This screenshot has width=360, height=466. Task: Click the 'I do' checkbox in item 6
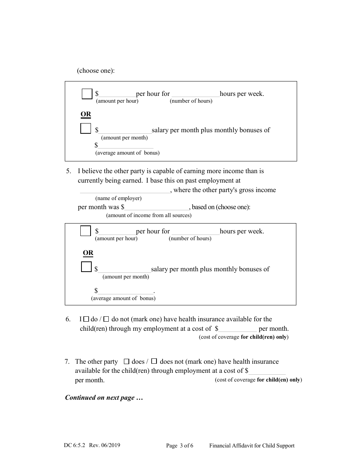(x=86, y=319)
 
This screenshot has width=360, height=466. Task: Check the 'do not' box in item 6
(x=106, y=319)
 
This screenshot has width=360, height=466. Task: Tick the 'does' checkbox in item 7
(x=127, y=362)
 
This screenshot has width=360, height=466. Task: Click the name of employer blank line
(x=125, y=191)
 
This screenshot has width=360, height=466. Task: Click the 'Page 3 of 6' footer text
(x=180, y=446)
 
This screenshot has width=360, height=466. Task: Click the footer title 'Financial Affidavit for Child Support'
(x=252, y=446)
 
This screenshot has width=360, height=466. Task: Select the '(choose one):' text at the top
(x=95, y=71)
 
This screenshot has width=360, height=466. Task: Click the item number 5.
(x=69, y=171)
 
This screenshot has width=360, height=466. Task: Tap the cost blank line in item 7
(x=267, y=372)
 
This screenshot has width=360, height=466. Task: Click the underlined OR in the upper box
(x=86, y=114)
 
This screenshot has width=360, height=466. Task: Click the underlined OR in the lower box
(x=88, y=253)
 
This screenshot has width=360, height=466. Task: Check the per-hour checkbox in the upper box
(x=87, y=94)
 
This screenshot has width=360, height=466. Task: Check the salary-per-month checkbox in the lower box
(x=86, y=267)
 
